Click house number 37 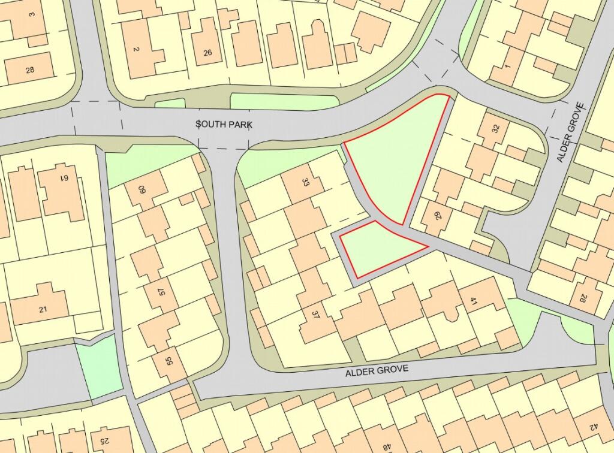pyautogui.click(x=315, y=316)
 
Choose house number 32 pyautogui.click(x=495, y=128)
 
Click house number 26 pyautogui.click(x=207, y=52)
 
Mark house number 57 pyautogui.click(x=161, y=291)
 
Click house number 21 pyautogui.click(x=43, y=309)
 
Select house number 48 pyautogui.click(x=387, y=446)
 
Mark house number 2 pyautogui.click(x=136, y=50)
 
